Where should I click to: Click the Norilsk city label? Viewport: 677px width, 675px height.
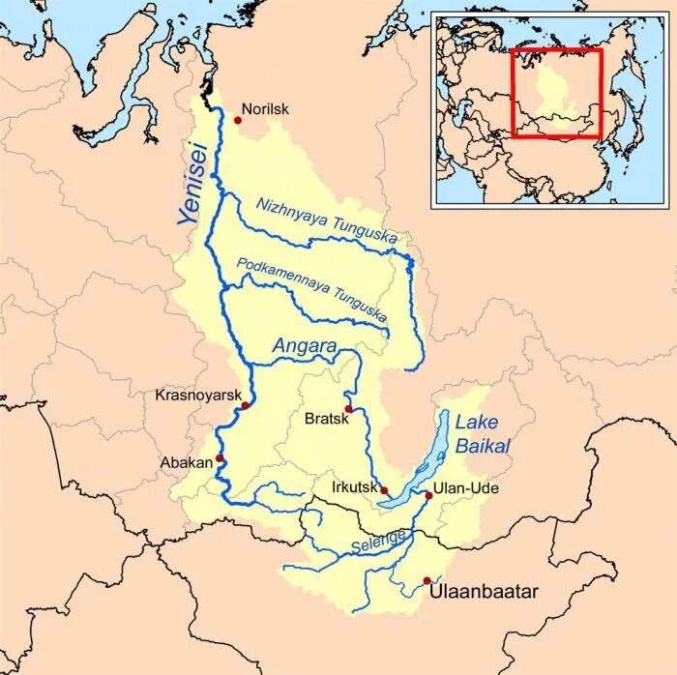(265, 109)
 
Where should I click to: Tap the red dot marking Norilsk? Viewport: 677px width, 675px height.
(237, 120)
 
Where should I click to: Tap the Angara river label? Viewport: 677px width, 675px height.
(304, 345)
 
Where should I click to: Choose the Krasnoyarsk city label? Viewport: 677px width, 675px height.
(195, 395)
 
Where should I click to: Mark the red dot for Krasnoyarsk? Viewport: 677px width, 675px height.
(246, 405)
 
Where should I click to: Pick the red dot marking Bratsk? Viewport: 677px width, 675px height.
(348, 409)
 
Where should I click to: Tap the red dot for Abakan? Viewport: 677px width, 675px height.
(220, 457)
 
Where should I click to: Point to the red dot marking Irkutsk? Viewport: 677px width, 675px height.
(384, 490)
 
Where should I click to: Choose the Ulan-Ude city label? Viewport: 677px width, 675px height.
(466, 489)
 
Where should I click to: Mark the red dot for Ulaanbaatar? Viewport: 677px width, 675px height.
(427, 580)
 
